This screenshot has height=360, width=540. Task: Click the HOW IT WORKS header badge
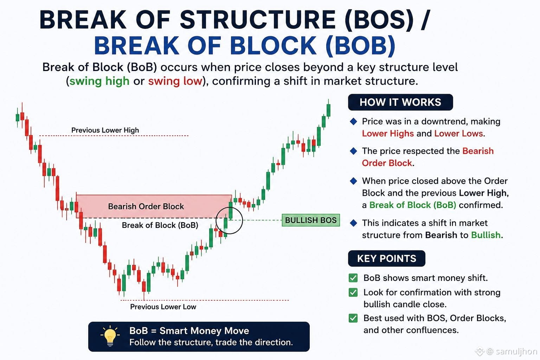pos(400,102)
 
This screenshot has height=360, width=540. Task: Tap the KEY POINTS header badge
pos(386,258)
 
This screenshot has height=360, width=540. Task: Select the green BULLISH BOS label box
pos(311,220)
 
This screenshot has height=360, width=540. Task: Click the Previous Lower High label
pos(105,130)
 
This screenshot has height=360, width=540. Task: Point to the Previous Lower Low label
pos(163,307)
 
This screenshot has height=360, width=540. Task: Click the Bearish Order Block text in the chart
pos(146,206)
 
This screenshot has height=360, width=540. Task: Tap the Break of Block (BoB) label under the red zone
pos(160,225)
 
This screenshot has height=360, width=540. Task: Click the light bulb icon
pos(110,336)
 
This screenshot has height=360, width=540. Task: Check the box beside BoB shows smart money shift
pos(353,278)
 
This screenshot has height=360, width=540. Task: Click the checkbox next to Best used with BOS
pos(353,318)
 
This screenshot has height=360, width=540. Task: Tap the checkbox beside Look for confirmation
pos(353,292)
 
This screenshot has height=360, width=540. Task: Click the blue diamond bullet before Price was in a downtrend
pos(353,122)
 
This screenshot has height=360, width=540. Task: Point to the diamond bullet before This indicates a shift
pos(353,223)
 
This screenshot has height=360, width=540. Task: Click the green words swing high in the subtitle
pos(99,81)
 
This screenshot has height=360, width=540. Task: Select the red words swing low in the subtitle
pos(175,81)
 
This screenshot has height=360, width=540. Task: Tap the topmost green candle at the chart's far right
pos(328,110)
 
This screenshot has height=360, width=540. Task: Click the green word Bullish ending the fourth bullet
pos(486,235)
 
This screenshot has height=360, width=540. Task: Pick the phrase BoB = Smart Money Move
pos(189,330)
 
